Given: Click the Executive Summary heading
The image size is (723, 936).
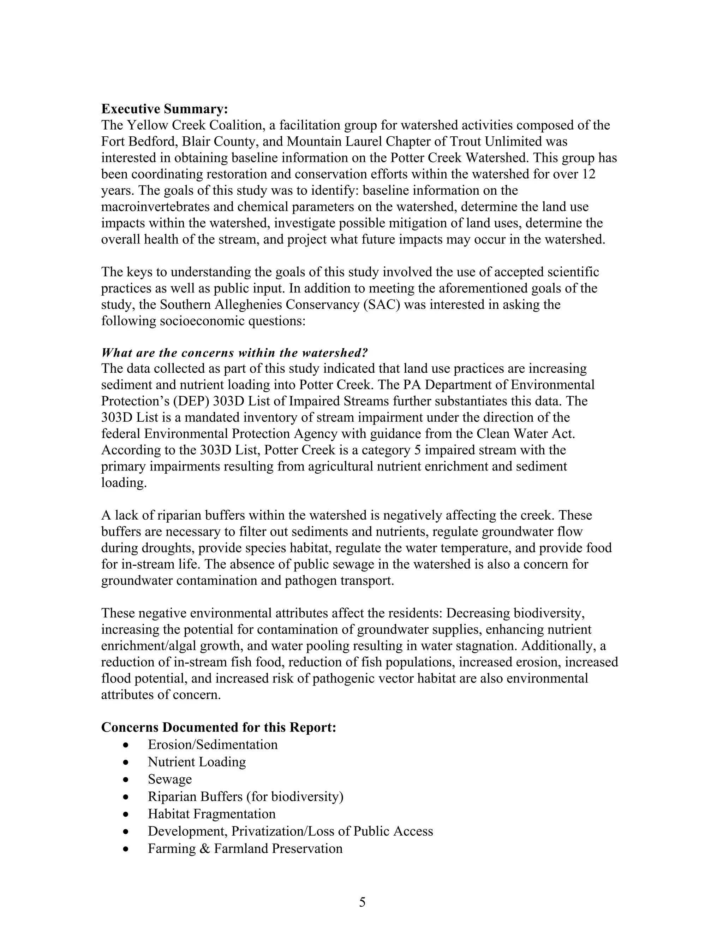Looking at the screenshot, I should pyautogui.click(x=165, y=109).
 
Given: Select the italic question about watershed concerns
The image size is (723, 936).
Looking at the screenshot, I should pyautogui.click(x=234, y=353).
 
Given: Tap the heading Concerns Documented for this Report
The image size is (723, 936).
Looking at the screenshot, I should pyautogui.click(x=219, y=727).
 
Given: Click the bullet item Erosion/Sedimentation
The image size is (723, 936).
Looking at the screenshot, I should pyautogui.click(x=213, y=745).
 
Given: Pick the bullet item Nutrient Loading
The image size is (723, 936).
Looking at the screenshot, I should pyautogui.click(x=197, y=762).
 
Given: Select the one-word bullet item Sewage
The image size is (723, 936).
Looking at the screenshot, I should pyautogui.click(x=169, y=779).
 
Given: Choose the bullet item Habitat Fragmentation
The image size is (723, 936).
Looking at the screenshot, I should pyautogui.click(x=211, y=813).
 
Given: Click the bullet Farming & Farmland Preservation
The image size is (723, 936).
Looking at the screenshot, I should pyautogui.click(x=245, y=848).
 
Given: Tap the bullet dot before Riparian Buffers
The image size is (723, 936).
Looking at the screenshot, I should pyautogui.click(x=125, y=797).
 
